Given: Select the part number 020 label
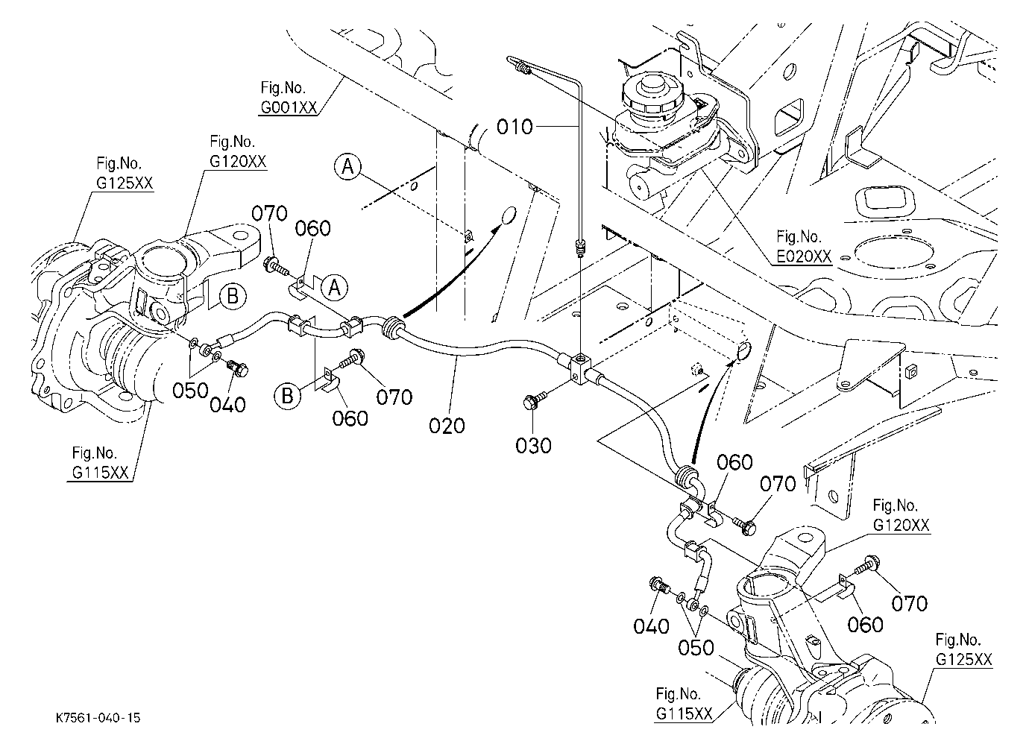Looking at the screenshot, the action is click(447, 426).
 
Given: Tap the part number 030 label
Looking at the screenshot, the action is click(533, 446).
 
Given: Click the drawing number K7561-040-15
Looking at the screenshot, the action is click(98, 718).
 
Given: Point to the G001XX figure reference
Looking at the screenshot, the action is click(289, 107).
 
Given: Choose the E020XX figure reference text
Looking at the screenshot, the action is click(804, 256).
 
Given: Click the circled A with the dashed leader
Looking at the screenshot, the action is click(347, 166).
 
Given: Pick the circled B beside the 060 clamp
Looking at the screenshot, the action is click(288, 396).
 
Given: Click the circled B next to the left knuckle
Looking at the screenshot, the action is click(233, 296).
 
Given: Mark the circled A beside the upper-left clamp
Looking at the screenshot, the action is click(334, 288).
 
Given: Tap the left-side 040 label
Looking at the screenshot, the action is click(227, 405).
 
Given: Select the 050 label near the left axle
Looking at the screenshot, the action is click(190, 391).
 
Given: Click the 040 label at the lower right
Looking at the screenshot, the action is click(651, 626).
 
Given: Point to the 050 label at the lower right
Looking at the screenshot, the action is click(696, 648).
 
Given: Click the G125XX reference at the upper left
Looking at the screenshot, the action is click(125, 183).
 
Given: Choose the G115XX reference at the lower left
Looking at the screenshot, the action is click(100, 472).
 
